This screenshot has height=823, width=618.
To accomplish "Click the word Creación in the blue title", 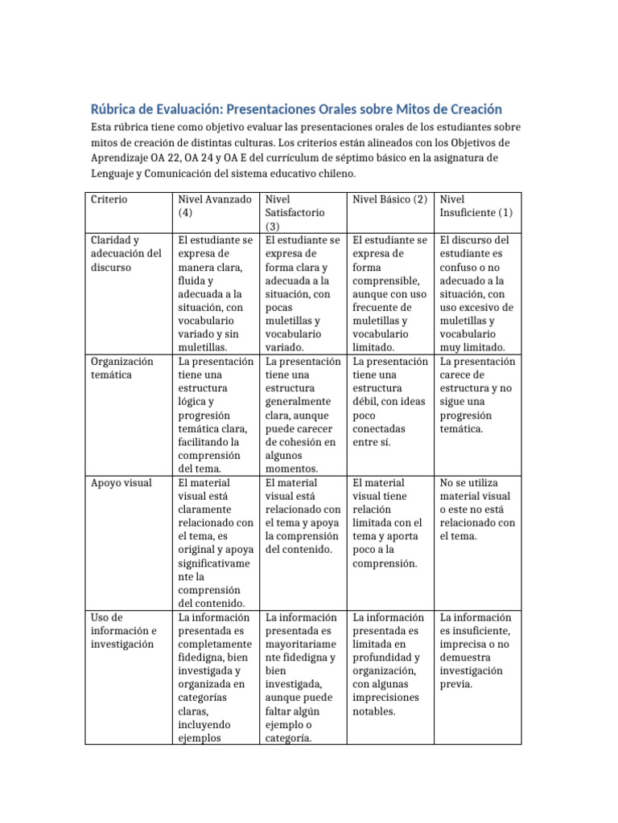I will pyautogui.click(x=470, y=109).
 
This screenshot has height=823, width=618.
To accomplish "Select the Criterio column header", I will pyautogui.click(x=109, y=199).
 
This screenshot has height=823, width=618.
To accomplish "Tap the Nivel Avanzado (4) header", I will pyautogui.click(x=214, y=206).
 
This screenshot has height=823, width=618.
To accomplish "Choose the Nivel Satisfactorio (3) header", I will pyautogui.click(x=295, y=213).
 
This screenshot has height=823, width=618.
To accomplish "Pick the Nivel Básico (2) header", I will pyautogui.click(x=389, y=199).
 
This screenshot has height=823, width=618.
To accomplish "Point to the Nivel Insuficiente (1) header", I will pyautogui.click(x=476, y=206).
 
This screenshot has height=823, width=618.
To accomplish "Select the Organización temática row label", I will pyautogui.click(x=122, y=368).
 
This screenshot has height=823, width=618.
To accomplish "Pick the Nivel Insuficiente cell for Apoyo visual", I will pyautogui.click(x=477, y=510).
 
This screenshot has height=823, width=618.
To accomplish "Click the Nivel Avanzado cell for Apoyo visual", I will pyautogui.click(x=215, y=543).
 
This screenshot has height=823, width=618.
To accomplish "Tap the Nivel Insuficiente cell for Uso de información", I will pyautogui.click(x=477, y=651).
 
